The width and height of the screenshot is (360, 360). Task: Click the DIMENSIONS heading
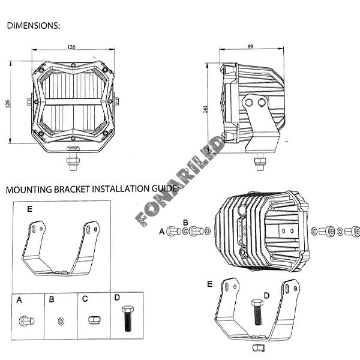[33, 25]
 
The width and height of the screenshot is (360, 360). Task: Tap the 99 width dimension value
[250, 46]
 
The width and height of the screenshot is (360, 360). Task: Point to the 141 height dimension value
[205, 109]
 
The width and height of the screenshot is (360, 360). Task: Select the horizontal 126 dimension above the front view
[71, 47]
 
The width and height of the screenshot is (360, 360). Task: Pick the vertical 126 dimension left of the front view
[8, 104]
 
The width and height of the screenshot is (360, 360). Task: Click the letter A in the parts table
[19, 300]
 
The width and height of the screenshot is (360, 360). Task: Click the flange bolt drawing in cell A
[26, 321]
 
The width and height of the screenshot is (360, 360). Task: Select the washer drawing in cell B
[61, 321]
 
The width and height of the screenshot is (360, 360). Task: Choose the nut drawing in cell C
[94, 320]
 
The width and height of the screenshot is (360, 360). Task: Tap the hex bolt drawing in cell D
[128, 318]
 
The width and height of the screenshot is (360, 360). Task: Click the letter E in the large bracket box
[29, 209]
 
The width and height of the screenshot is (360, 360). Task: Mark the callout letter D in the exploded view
[266, 295]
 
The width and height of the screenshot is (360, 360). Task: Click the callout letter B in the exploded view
[185, 223]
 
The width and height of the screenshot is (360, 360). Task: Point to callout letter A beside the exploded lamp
[161, 232]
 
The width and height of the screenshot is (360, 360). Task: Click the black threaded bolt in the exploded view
[257, 312]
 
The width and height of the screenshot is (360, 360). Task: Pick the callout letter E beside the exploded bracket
[209, 284]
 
